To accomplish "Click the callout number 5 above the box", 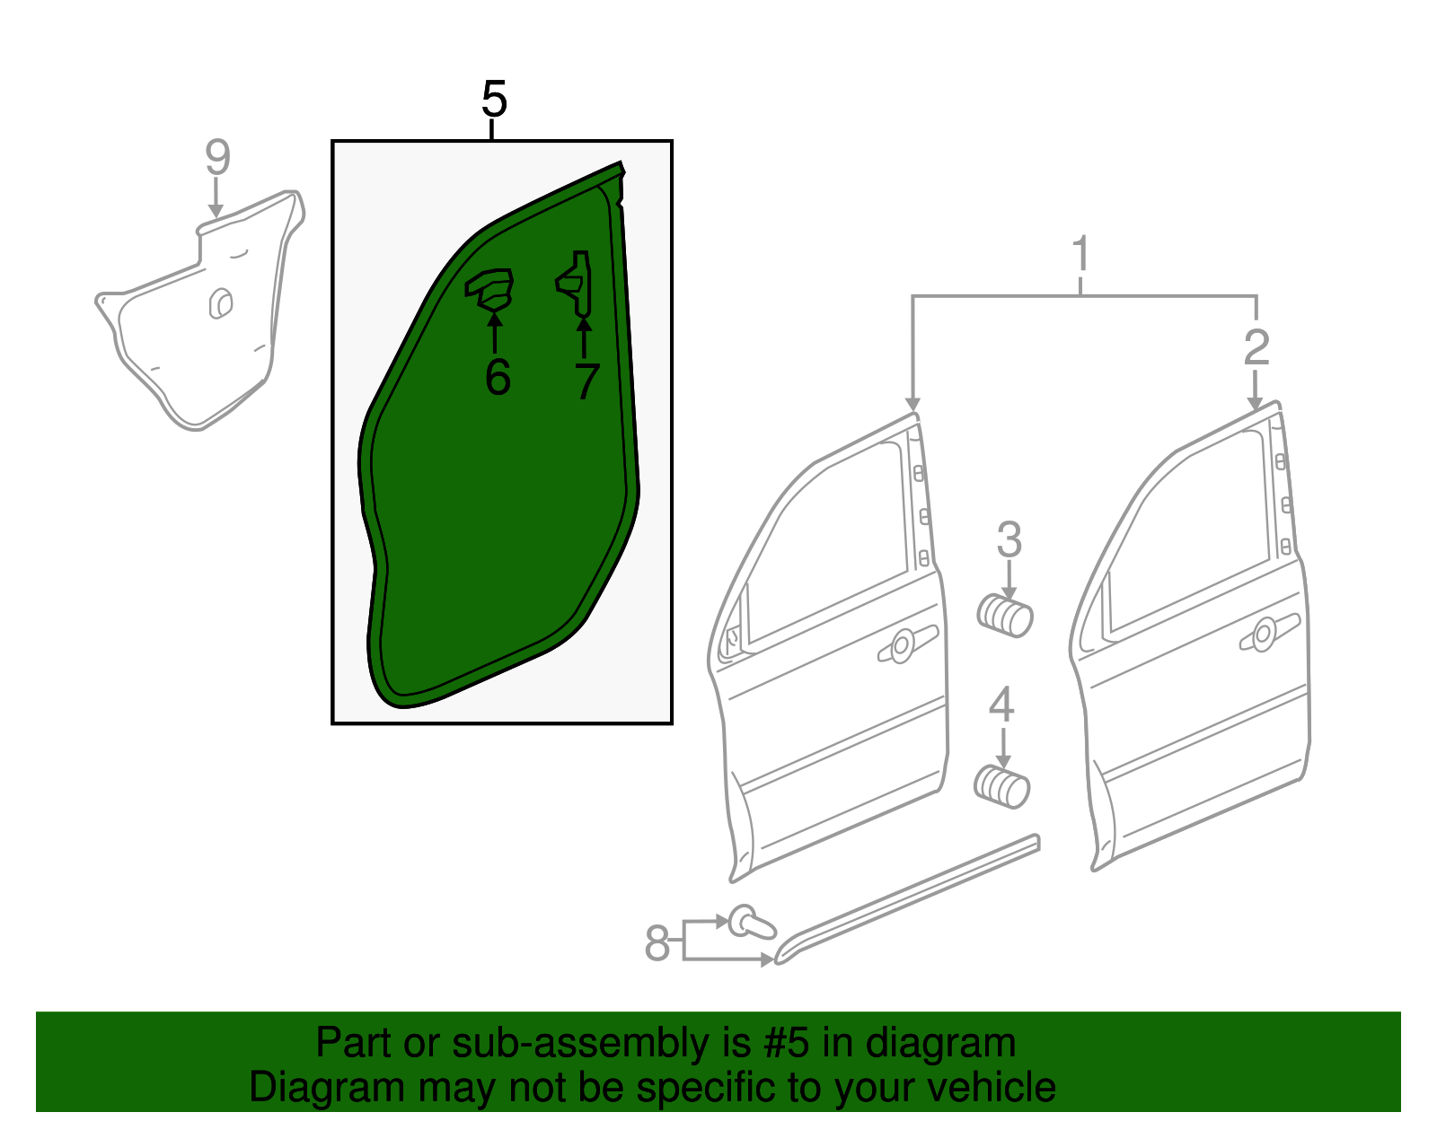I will [494, 99].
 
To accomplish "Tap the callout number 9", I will [217, 157].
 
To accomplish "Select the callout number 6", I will [498, 377].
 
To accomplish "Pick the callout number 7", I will [586, 381].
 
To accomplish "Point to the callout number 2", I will [1256, 346].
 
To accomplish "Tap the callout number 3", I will [1009, 540].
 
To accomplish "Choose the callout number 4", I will [1001, 705].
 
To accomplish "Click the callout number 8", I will [657, 943].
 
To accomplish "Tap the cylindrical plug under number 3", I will [1005, 616].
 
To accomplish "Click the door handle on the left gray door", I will [905, 644].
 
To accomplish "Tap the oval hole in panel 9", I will [220, 303].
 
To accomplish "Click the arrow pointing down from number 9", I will [216, 198].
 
